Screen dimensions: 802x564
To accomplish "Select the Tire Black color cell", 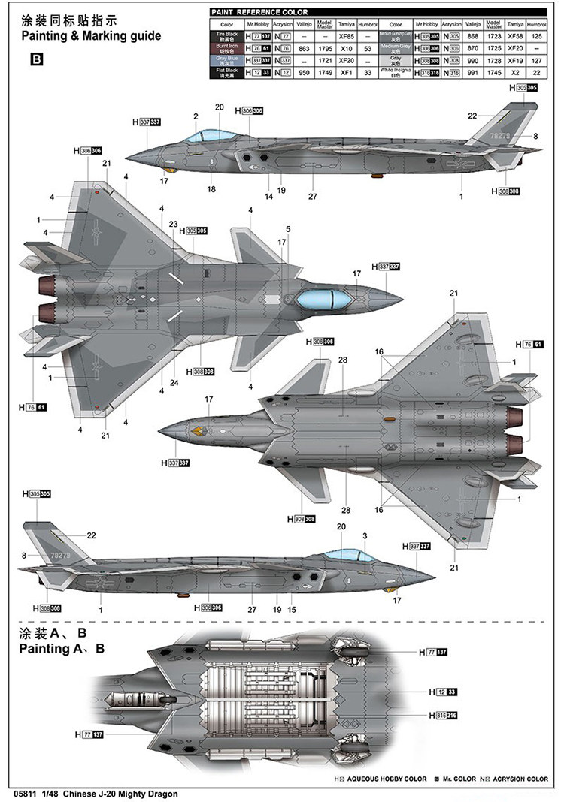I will tap(226, 35).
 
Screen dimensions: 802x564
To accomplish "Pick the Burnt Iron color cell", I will tap(226, 48).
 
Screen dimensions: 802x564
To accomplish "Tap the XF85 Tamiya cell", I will tap(347, 35).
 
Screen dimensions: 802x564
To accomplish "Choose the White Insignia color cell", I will tap(396, 72).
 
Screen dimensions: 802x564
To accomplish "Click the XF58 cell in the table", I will tap(515, 35).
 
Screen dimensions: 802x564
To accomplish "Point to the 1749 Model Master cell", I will tap(325, 73).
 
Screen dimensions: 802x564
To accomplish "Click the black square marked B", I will tap(37, 59).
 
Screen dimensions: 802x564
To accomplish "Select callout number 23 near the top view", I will tap(173, 224).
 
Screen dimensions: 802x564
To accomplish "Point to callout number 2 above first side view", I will tap(196, 116).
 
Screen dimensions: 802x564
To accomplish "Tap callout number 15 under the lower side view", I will tap(293, 610).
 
